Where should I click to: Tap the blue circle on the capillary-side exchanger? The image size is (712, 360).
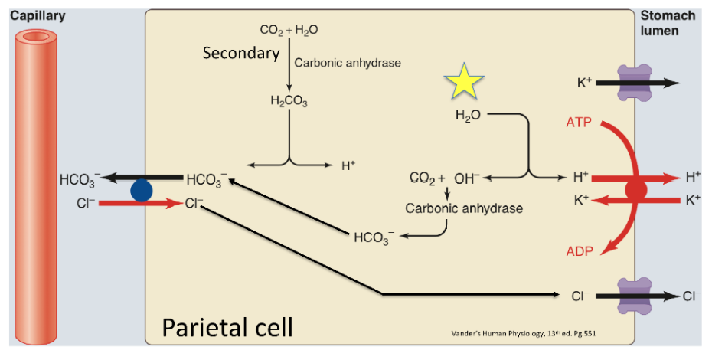[x=140, y=191]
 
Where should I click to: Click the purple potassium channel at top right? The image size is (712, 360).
[x=633, y=83]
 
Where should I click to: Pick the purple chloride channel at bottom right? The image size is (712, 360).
[x=633, y=295]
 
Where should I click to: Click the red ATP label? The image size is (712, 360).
[x=579, y=123]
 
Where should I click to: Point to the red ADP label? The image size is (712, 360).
[x=579, y=252]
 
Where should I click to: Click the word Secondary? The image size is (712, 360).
[x=240, y=54]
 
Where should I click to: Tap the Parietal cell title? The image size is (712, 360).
[x=227, y=328]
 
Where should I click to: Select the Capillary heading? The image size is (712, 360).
[x=38, y=16]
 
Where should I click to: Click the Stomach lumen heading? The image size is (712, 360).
[x=668, y=23]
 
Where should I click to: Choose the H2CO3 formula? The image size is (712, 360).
[x=289, y=101]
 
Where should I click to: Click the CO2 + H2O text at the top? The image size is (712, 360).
[x=289, y=31]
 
